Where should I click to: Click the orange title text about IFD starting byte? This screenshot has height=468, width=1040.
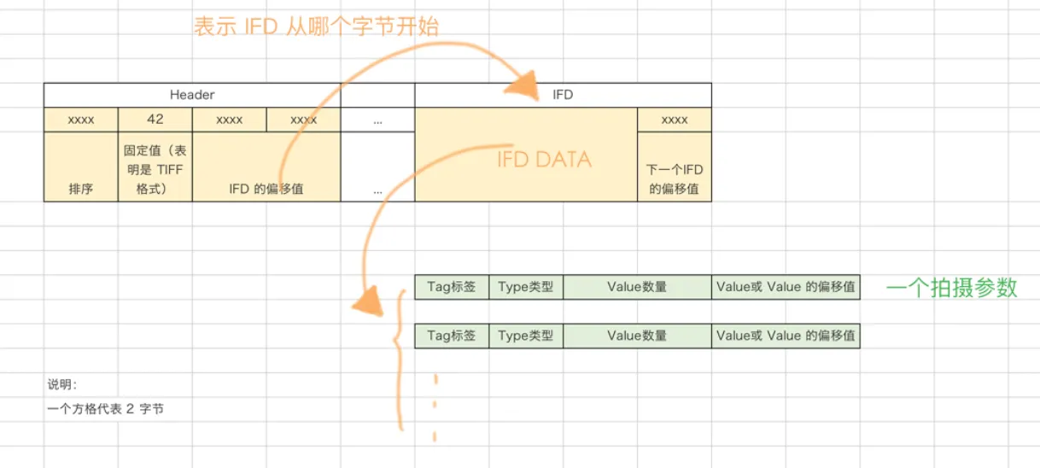click(316, 26)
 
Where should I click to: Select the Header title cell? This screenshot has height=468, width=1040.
click(192, 95)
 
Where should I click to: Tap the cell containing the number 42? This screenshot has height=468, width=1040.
click(155, 120)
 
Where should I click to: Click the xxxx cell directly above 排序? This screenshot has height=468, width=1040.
click(80, 120)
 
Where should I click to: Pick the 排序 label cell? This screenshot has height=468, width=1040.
click(80, 189)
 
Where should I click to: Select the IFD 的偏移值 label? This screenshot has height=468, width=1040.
click(266, 189)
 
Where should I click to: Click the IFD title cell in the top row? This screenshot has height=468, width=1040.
click(563, 95)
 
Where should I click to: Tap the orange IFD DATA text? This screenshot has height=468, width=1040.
click(544, 159)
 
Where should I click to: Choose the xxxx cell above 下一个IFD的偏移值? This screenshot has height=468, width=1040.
click(674, 120)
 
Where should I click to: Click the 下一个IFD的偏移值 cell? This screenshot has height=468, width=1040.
click(674, 179)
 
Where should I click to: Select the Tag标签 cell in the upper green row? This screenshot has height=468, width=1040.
click(452, 287)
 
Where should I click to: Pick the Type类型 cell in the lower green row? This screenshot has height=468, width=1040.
click(526, 336)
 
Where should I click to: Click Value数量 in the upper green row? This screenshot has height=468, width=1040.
click(637, 287)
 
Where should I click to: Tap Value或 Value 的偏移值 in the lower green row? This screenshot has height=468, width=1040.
click(786, 336)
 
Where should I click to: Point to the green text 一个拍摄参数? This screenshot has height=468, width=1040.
click(952, 288)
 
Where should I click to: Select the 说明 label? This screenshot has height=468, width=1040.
click(62, 384)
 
